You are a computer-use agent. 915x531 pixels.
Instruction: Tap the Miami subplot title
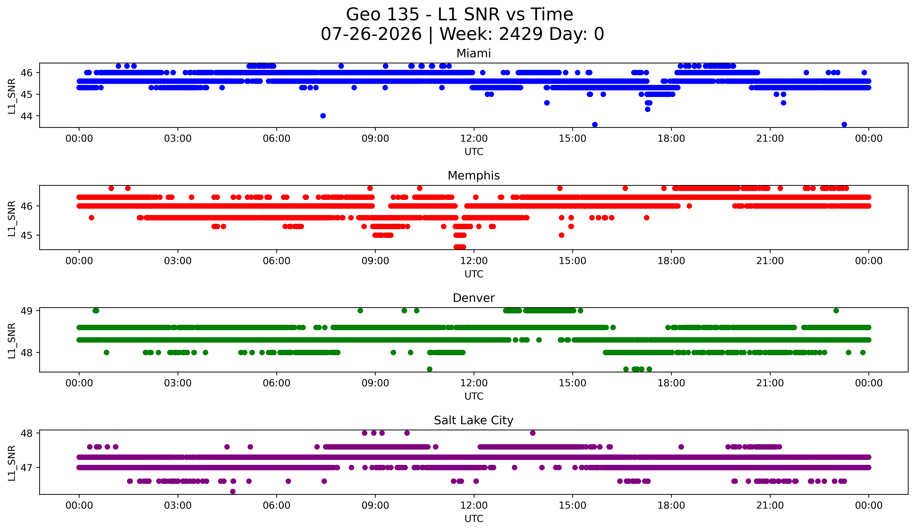pos(474,53)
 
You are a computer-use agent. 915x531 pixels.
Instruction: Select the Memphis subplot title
pos(474,176)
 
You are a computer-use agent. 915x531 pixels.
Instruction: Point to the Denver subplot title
pos(474,298)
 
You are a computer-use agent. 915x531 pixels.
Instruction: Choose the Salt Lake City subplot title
pos(474,420)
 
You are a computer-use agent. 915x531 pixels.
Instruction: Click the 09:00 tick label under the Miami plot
pos(375,139)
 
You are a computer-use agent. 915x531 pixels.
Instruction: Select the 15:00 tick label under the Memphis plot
pos(573,261)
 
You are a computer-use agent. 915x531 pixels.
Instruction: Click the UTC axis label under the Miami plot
pos(474,152)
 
